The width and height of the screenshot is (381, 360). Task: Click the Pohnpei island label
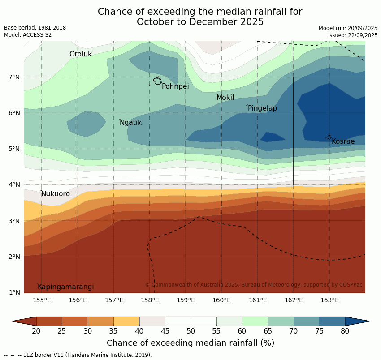(x=175, y=86)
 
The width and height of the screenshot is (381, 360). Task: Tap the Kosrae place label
(x=343, y=141)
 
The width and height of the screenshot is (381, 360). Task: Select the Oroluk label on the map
(x=80, y=54)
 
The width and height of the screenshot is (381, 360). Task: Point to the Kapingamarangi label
(x=65, y=287)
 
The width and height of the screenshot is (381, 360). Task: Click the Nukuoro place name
(x=56, y=194)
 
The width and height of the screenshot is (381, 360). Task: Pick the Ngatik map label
(x=130, y=123)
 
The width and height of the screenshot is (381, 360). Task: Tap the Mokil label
(x=225, y=98)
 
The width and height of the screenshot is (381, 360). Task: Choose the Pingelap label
(x=262, y=108)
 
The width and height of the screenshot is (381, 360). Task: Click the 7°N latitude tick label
(x=14, y=77)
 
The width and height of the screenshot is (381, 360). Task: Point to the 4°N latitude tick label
(x=14, y=184)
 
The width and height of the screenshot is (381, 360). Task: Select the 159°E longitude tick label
(x=186, y=300)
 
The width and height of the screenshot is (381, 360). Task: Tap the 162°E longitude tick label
(x=294, y=300)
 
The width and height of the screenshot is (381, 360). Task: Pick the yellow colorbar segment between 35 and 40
(x=126, y=321)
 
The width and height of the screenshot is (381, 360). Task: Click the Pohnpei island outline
(x=157, y=81)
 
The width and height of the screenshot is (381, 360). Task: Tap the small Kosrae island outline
(x=329, y=137)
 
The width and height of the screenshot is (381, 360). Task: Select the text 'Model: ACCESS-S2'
(x=28, y=35)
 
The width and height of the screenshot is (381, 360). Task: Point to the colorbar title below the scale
(x=190, y=343)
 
